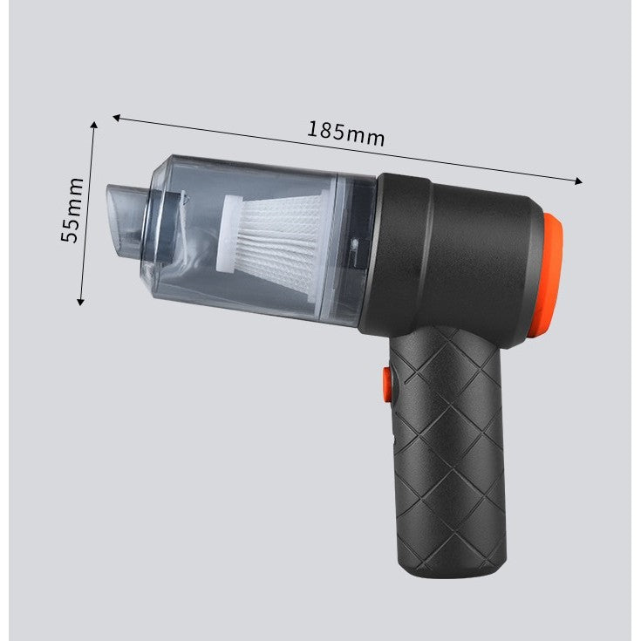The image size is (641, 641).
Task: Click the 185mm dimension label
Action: point(345,132)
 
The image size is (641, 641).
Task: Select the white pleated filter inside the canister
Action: point(276,243)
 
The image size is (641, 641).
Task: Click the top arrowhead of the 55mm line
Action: point(94,125)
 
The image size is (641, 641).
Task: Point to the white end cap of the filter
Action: point(228,230)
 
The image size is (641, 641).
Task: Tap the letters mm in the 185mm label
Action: point(366,135)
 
